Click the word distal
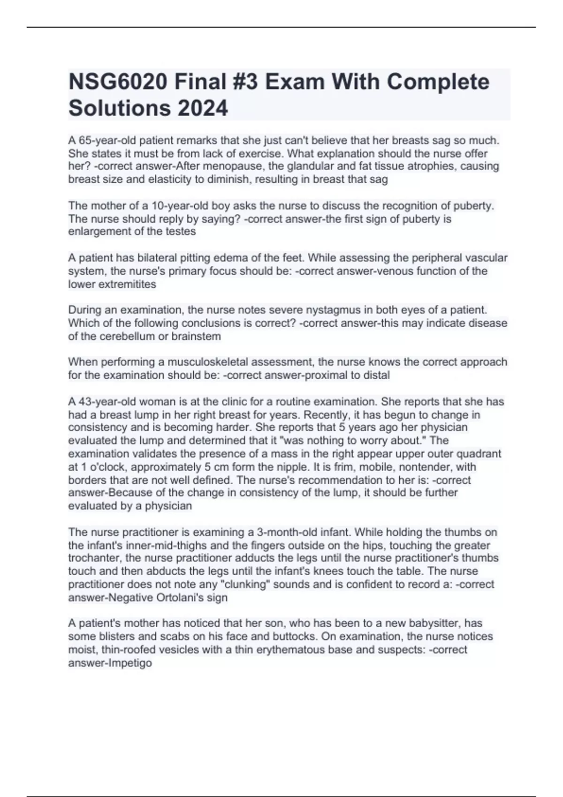coord(376,375)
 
